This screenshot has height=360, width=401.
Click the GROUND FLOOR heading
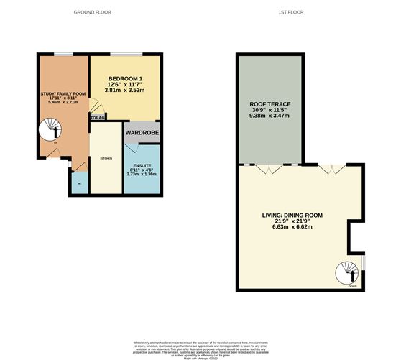click(x=96, y=13)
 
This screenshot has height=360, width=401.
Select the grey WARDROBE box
click(x=142, y=132)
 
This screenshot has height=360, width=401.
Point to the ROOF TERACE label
click(x=269, y=105)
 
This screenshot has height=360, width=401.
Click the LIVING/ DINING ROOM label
click(x=291, y=215)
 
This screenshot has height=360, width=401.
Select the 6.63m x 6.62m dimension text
click(x=291, y=227)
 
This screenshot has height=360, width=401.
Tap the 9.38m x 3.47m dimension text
click(x=269, y=116)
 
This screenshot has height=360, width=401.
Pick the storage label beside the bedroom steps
click(x=98, y=116)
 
